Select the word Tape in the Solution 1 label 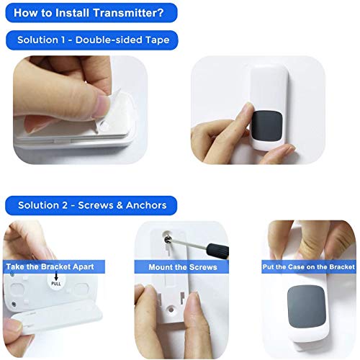pos(156,40)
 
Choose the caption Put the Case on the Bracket pos(308,266)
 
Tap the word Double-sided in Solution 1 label pos(108,40)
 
